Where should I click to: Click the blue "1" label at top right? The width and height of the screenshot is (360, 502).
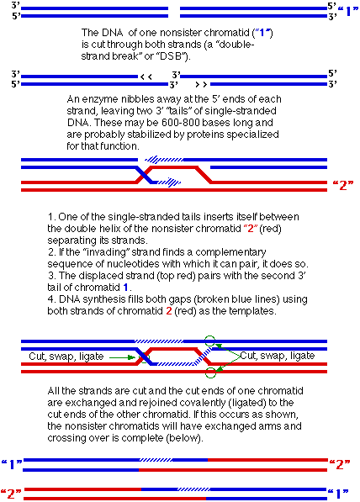348,12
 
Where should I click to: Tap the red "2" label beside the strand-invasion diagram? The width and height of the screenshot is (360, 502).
343,185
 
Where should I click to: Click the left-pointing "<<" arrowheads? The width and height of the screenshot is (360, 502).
146,77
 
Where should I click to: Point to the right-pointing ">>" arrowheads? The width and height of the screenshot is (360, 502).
201,85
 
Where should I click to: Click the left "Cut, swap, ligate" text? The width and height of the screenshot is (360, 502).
66,357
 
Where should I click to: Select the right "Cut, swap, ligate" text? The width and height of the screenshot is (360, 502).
278,356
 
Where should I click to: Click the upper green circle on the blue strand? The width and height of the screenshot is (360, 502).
209,341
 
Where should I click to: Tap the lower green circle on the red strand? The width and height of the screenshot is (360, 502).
210,373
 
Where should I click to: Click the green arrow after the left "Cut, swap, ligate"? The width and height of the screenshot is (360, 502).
123,357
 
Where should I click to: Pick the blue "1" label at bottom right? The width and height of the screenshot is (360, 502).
338,494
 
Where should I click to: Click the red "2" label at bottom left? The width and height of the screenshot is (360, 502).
12,494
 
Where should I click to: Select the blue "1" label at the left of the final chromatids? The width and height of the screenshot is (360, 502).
12,464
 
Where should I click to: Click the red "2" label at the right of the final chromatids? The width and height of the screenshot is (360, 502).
340,464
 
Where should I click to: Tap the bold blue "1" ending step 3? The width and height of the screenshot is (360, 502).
126,288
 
